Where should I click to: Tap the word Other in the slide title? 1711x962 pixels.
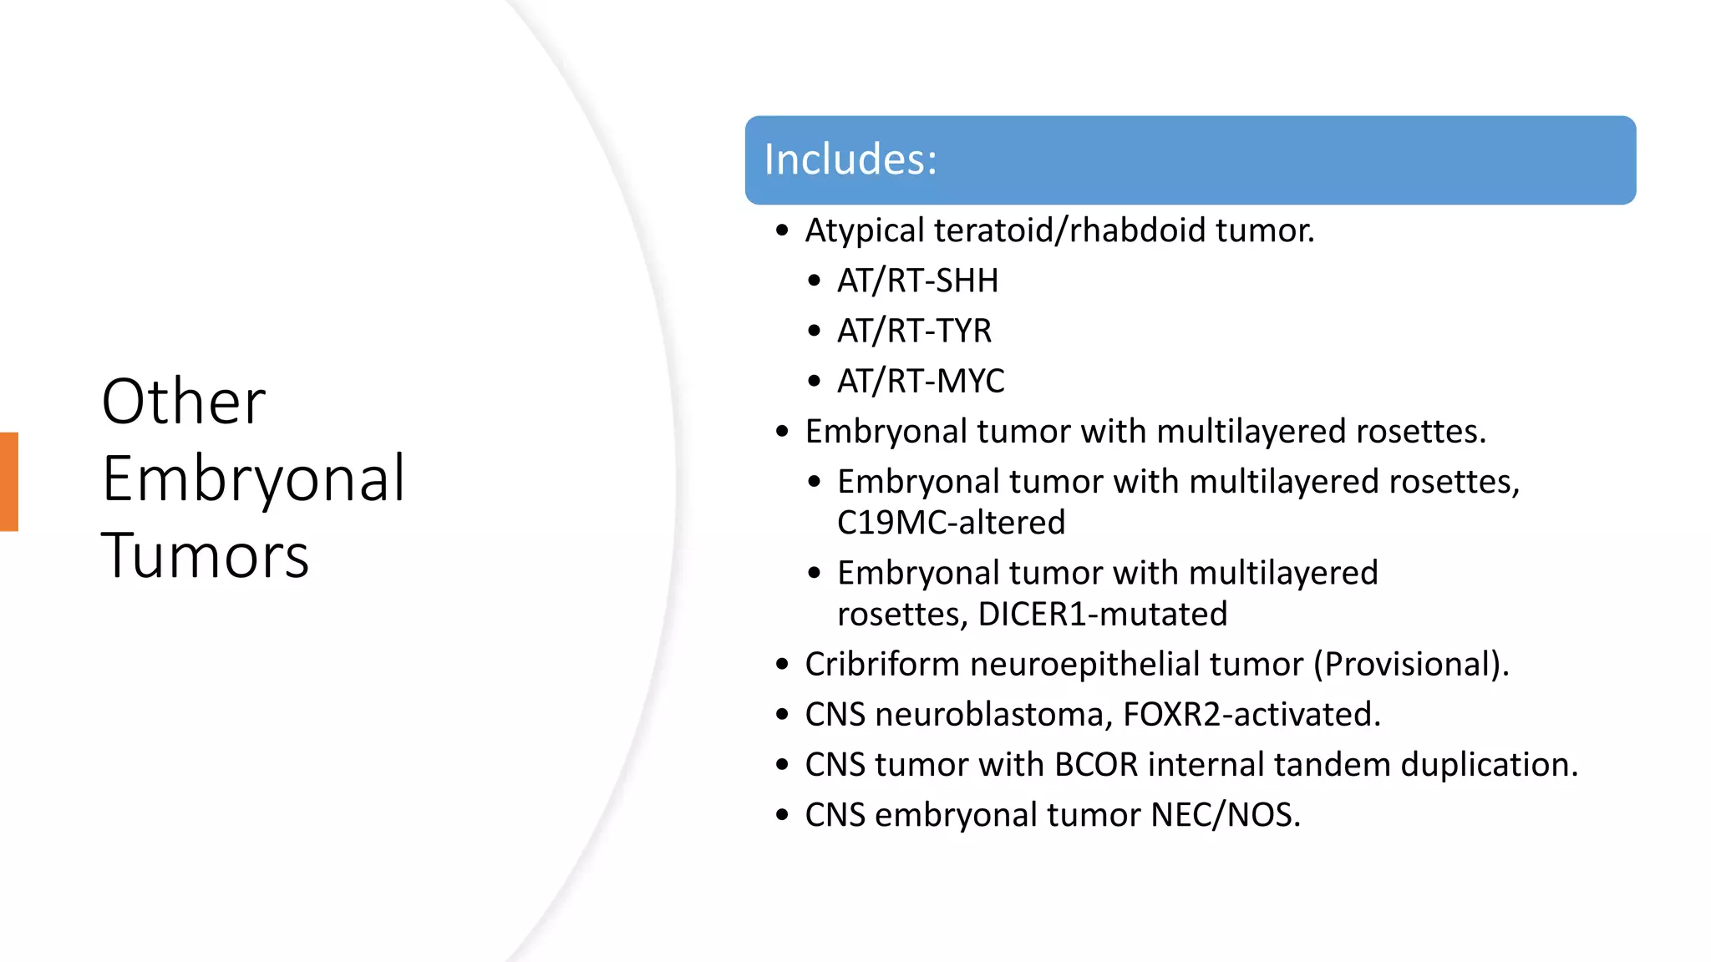(x=183, y=402)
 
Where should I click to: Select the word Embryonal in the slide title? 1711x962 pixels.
(x=253, y=479)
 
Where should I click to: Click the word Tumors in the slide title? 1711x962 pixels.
(x=205, y=556)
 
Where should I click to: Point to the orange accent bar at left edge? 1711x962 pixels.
(x=8, y=482)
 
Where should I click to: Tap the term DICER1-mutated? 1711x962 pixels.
(x=1102, y=615)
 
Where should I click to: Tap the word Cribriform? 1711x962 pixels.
(x=881, y=665)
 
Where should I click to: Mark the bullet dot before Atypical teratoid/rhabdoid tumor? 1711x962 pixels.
(x=782, y=231)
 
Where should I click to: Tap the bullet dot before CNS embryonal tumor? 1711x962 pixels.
(x=782, y=815)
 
